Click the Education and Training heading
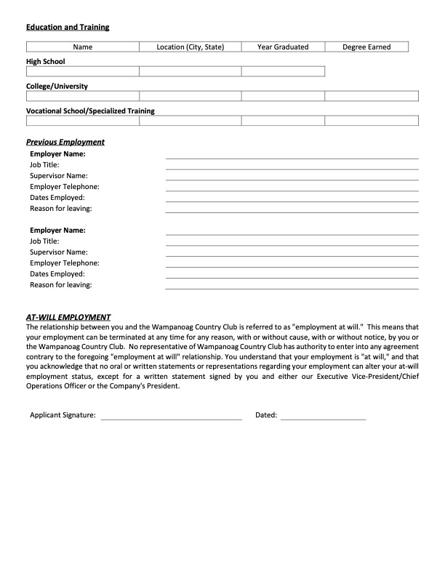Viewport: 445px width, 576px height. pyautogui.click(x=68, y=27)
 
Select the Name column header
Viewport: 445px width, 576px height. pyautogui.click(x=83, y=47)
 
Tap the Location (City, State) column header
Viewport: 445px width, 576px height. pyautogui.click(x=190, y=47)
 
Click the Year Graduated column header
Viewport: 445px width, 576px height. pyautogui.click(x=283, y=47)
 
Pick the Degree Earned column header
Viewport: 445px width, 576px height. pyautogui.click(x=366, y=47)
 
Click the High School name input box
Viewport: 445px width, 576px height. pyautogui.click(x=83, y=71)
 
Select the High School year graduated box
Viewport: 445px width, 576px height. pyautogui.click(x=283, y=71)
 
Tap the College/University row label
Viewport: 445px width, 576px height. pyautogui.click(x=57, y=87)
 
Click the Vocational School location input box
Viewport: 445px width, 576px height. pyautogui.click(x=190, y=121)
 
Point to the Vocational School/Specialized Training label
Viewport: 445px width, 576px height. pyautogui.click(x=90, y=111)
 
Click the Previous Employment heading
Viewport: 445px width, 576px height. pyautogui.click(x=65, y=142)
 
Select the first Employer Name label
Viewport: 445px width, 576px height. pyautogui.click(x=57, y=154)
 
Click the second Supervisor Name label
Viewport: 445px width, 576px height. pyautogui.click(x=58, y=252)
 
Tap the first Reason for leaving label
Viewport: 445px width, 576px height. pyautogui.click(x=60, y=209)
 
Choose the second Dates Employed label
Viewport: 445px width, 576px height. pyautogui.click(x=57, y=273)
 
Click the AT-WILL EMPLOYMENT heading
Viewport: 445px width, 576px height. pyautogui.click(x=68, y=317)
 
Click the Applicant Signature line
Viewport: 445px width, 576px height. pyautogui.click(x=172, y=416)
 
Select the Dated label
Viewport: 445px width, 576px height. pyautogui.click(x=266, y=415)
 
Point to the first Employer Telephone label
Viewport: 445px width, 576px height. pyautogui.click(x=65, y=187)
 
